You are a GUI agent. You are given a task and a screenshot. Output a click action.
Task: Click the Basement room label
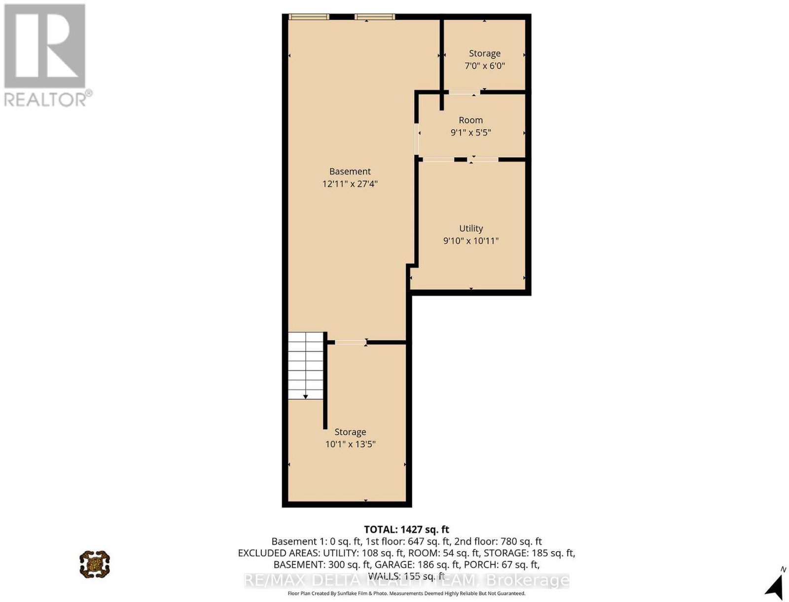[x=350, y=171]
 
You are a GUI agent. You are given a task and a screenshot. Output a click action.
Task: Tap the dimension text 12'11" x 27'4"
[x=350, y=184]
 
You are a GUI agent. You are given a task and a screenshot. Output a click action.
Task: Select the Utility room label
[x=471, y=228]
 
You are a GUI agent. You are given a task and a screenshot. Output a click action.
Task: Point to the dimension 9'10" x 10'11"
[x=471, y=241]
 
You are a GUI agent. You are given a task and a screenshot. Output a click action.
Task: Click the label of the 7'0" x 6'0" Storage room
[x=485, y=54]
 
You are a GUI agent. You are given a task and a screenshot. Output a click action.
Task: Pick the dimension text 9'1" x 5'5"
[x=470, y=132]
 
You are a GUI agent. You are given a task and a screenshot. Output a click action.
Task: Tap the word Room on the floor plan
[x=470, y=120]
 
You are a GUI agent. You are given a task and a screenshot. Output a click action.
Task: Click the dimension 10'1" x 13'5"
[x=350, y=444]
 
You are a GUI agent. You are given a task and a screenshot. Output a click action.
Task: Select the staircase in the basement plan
[x=306, y=365]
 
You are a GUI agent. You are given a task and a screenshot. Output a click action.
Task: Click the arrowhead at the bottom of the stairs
[x=306, y=397]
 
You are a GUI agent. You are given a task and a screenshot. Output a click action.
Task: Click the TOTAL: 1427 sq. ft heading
[x=406, y=529]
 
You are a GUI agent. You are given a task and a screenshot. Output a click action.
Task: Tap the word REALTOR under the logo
[x=45, y=100]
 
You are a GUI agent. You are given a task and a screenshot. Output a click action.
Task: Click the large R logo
[x=44, y=46]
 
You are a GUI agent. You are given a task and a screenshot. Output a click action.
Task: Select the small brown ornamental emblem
[x=95, y=564]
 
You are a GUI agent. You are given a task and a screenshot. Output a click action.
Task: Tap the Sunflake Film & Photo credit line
[x=406, y=594]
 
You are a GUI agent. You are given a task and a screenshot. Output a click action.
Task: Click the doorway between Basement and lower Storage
[x=351, y=342]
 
